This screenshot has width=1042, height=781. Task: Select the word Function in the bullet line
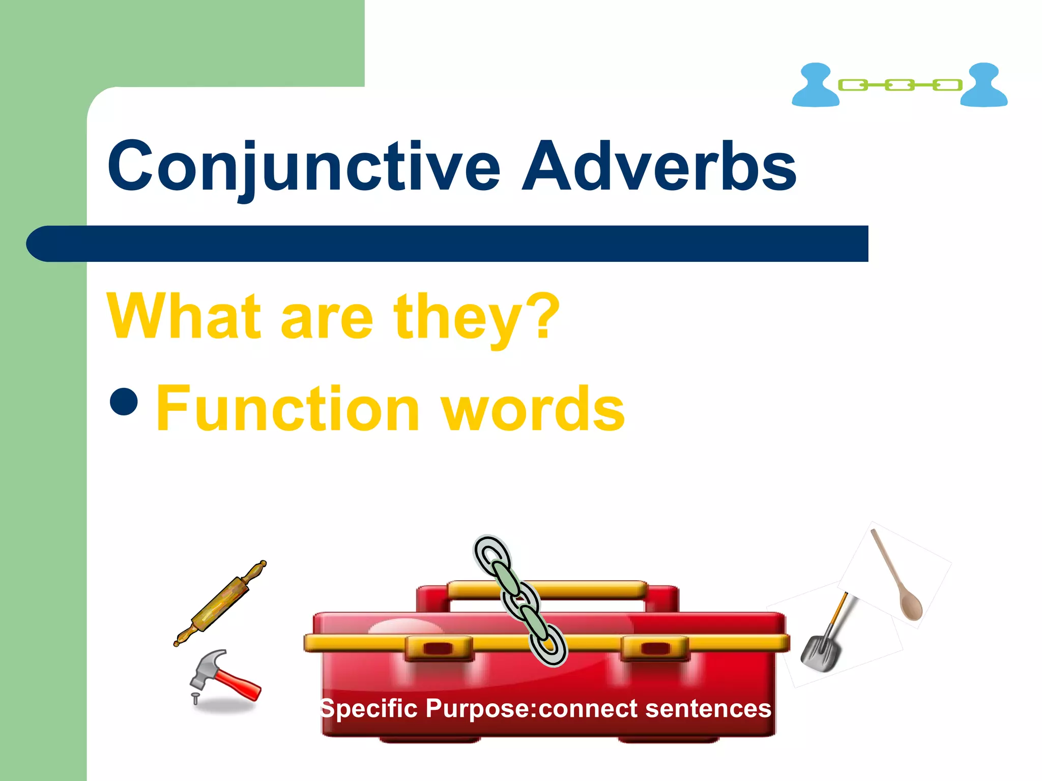click(287, 409)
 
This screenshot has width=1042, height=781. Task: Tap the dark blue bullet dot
click(124, 401)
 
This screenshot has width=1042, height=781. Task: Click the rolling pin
click(220, 603)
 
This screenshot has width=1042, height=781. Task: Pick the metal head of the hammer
click(206, 666)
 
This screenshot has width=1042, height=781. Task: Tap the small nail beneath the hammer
click(194, 698)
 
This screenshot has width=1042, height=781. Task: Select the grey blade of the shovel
click(819, 654)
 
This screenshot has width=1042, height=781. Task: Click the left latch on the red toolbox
click(439, 648)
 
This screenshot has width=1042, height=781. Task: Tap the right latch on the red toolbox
click(655, 648)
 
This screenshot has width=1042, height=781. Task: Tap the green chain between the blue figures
click(900, 85)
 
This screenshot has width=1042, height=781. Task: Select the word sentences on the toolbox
click(708, 709)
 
